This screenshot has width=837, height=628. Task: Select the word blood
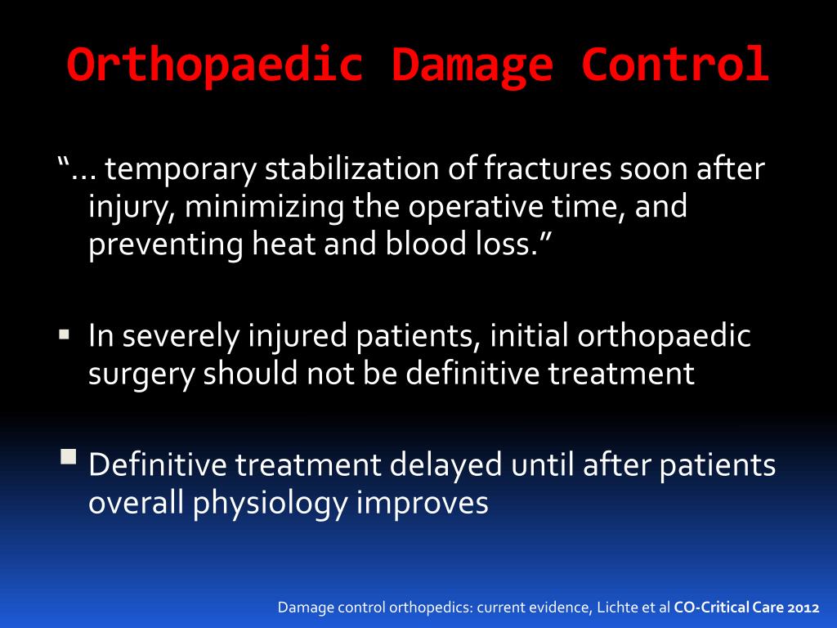point(423,246)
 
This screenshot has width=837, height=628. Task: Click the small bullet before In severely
point(64,335)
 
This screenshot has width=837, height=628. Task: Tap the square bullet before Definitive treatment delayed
point(67,456)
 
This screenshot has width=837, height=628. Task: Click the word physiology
point(271,503)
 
